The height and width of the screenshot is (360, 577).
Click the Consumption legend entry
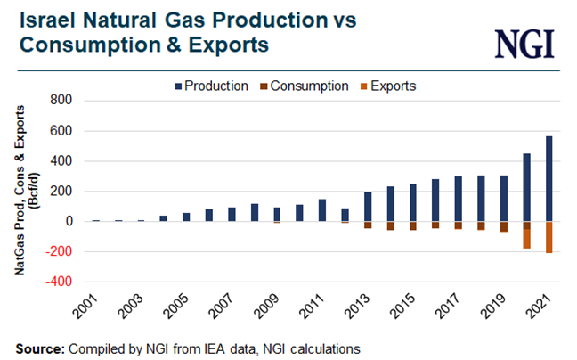(308, 86)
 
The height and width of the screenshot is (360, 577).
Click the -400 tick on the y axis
(55, 282)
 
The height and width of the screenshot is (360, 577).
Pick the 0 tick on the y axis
(65, 222)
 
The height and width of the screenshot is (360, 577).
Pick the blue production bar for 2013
(368, 206)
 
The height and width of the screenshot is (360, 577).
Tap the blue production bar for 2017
(459, 199)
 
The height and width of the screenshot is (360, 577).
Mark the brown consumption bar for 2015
(413, 225)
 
